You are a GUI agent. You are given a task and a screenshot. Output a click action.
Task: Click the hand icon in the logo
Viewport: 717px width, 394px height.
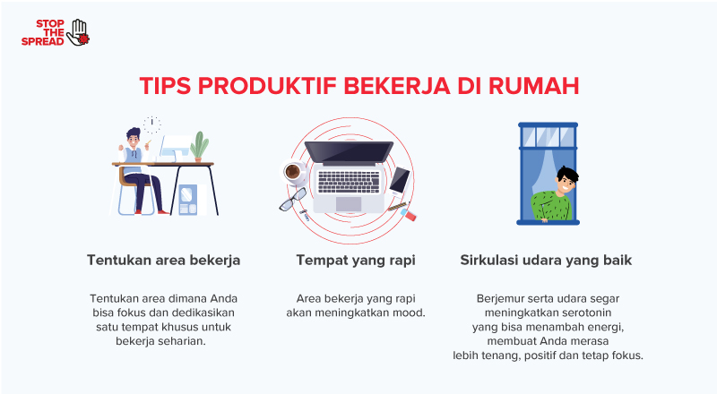point(79,31)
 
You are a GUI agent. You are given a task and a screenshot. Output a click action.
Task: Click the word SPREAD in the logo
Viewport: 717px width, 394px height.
point(42,41)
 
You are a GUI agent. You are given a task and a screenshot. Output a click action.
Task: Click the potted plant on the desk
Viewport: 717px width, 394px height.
point(199,146)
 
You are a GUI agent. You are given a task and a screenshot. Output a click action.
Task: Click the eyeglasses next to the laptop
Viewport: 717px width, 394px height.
point(292,201)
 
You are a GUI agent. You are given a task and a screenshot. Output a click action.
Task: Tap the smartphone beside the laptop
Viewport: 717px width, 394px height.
point(399,179)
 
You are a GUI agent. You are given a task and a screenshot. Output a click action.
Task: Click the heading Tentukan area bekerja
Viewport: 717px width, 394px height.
point(163,261)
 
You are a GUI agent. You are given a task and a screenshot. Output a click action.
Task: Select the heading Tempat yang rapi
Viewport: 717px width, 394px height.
point(355,261)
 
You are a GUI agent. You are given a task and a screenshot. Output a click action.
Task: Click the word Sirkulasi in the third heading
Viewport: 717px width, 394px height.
point(489,261)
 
